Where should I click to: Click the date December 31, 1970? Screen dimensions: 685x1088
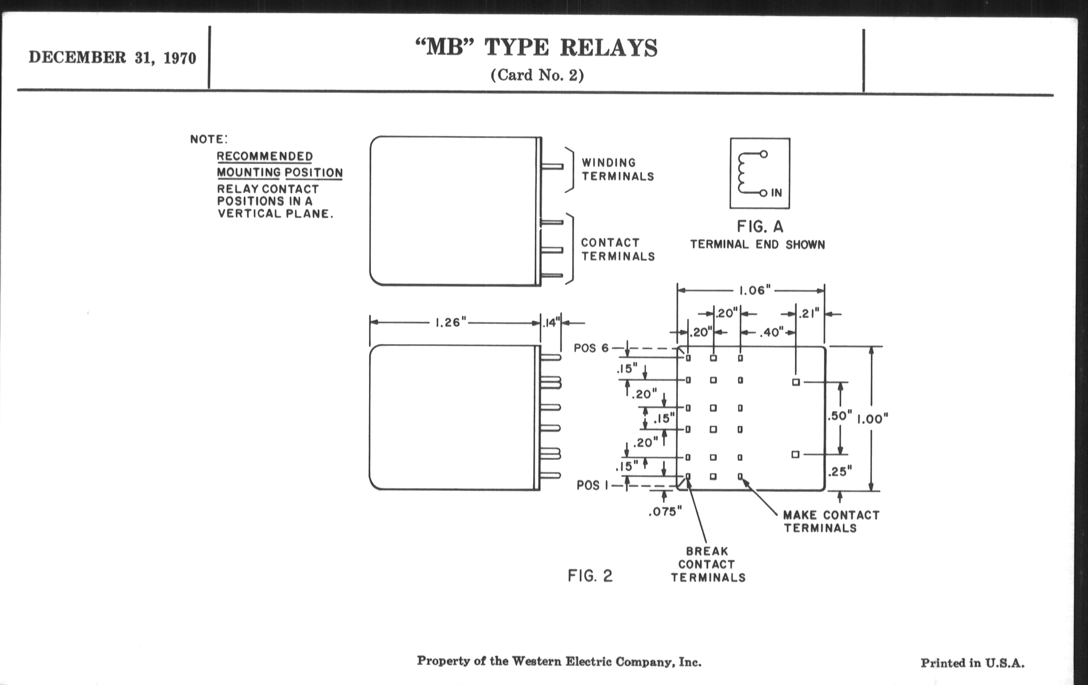coord(112,58)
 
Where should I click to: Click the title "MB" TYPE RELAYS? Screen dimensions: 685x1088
coord(536,48)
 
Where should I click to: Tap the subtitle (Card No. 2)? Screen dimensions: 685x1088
coord(537,75)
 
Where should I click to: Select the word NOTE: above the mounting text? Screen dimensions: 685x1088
coord(209,139)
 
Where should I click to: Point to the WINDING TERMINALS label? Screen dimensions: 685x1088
coord(617,170)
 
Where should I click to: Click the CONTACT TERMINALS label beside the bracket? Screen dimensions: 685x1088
coord(617,249)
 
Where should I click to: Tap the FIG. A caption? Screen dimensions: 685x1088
coord(760,227)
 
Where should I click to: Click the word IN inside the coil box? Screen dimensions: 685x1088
coord(776,193)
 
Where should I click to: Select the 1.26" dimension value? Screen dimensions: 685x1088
coord(450,322)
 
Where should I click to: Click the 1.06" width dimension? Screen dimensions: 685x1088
coord(755,290)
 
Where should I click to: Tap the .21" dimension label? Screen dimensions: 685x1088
coord(809,313)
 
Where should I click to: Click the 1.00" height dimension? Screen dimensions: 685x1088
coord(873,419)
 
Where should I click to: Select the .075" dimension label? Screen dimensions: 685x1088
coord(665,512)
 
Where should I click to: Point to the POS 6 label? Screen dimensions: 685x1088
coord(591,348)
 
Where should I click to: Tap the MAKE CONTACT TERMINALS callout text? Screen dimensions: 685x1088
coord(830,522)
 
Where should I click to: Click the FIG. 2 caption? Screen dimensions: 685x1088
coord(590,576)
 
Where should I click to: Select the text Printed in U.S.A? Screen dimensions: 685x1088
coord(972,664)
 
